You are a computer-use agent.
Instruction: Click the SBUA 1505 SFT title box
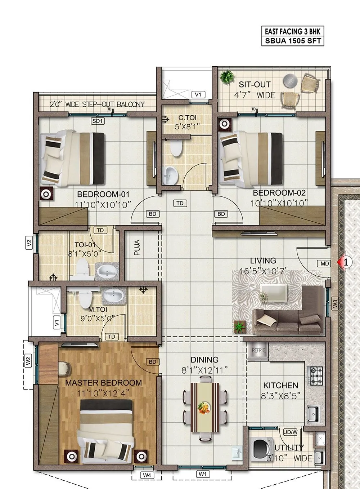point(292,41)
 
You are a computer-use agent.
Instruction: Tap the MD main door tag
point(325,263)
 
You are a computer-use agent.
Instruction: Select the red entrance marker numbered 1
point(345,262)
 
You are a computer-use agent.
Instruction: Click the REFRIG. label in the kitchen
point(258,350)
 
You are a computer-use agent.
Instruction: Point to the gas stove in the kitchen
point(316,375)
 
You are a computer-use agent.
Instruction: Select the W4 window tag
point(146,475)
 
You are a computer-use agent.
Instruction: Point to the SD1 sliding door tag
point(98,121)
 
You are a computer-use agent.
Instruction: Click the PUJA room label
point(137,248)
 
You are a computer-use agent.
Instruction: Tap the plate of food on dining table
point(204,406)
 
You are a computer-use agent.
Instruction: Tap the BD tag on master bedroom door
point(152,362)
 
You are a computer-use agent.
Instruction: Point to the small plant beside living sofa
point(239,327)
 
